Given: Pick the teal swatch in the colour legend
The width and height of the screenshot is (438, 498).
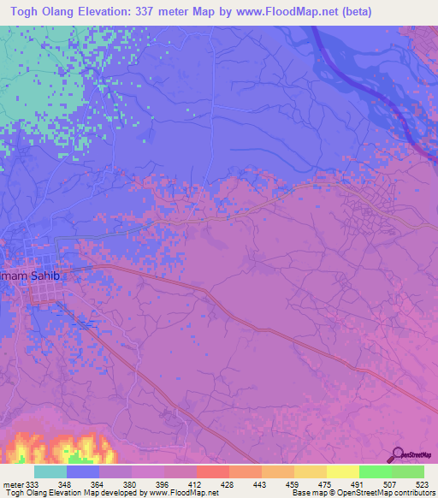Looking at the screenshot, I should tap(50, 471).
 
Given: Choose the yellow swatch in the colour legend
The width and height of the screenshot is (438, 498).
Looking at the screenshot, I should tap(342, 471).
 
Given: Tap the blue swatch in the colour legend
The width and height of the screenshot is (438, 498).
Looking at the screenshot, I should tap(83, 471).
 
